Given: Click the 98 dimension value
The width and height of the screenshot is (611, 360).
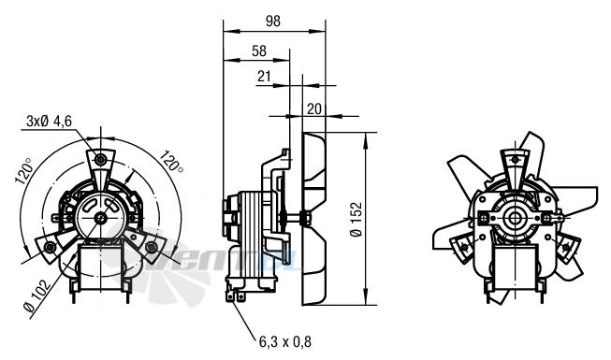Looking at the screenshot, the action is click(273, 21).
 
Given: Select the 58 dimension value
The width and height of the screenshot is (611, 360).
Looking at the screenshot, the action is click(259, 51).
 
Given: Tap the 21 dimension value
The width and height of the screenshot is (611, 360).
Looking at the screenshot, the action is click(264, 76).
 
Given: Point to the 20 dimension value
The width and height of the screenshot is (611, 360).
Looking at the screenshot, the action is click(314, 108).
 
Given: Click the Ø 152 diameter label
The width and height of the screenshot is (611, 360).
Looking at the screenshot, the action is click(356, 220).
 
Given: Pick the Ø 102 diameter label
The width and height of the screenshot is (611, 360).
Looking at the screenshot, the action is click(37, 296).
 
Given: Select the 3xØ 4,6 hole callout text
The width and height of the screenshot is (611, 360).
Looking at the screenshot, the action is click(49, 122).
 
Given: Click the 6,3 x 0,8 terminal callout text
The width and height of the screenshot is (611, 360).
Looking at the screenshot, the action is click(285, 341).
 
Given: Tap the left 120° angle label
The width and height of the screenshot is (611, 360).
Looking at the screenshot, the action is click(23, 170).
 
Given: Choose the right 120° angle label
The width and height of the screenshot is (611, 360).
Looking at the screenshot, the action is click(171, 160).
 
